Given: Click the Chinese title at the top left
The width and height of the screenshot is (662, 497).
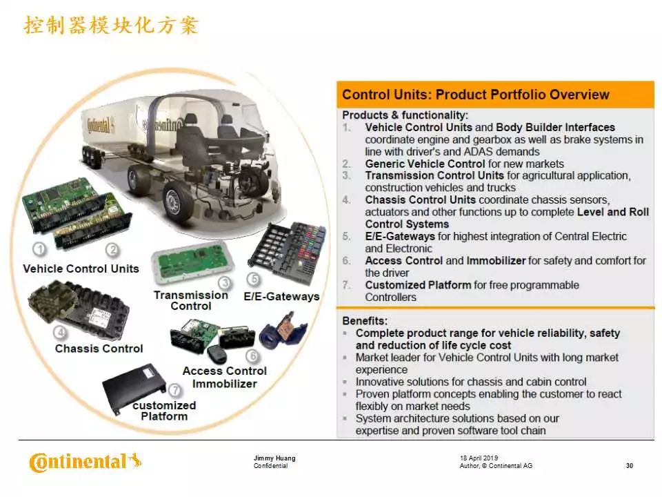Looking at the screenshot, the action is coord(111,25).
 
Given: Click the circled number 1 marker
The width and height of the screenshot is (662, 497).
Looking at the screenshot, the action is coord(40,249).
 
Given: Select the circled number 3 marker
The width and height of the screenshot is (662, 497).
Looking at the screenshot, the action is coord(225,283).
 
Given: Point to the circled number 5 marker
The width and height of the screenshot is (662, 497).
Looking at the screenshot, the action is coord(253,279).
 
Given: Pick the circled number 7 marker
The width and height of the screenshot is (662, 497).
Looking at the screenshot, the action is coord(174,390).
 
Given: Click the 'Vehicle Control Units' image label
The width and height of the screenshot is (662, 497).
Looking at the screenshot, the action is coord(81,269).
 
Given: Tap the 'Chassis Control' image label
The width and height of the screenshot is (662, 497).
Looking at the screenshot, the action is coord(99,349).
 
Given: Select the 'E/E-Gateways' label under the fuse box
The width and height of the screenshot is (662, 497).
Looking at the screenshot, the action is coord(281,296).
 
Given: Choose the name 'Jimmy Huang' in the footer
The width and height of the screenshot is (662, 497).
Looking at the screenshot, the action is coord(274,458).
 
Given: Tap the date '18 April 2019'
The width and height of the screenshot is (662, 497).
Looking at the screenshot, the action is coord(479,458).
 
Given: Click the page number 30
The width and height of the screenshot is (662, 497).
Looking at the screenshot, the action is coord(630,466).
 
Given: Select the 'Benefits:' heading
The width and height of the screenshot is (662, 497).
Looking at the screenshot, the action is coord(365,321).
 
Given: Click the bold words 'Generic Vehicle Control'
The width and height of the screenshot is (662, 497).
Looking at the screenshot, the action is coord(425,164).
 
